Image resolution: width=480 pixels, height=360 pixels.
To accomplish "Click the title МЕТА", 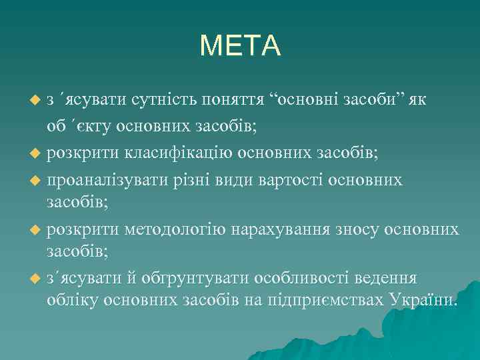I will coord(240,45).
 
